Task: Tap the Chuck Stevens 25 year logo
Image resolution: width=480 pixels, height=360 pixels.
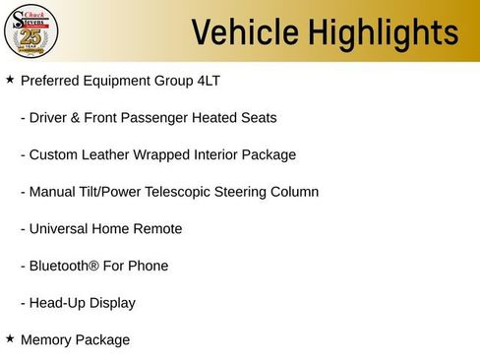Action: (31, 31)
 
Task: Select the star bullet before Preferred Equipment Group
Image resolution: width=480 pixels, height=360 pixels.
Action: (10, 79)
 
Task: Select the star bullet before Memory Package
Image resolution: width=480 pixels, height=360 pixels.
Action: (10, 338)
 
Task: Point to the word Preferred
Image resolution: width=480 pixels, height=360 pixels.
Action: (49, 80)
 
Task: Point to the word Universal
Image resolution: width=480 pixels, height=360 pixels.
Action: (61, 229)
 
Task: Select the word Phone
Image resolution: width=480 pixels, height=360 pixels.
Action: (149, 266)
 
